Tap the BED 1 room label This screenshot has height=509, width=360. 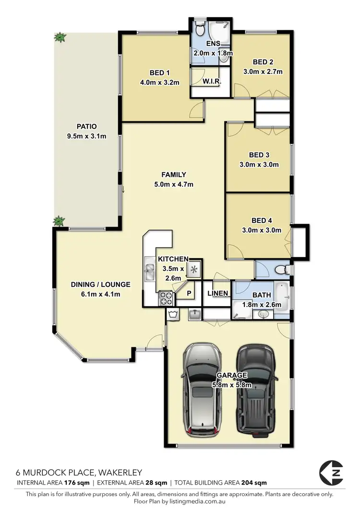point(160,73)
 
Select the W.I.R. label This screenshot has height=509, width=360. point(212,82)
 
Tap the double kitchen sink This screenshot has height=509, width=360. point(149,272)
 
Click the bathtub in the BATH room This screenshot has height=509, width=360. point(284,297)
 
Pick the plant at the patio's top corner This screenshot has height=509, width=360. point(60,37)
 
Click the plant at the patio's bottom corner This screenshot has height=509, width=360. point(59,221)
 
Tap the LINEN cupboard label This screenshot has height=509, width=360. point(217,294)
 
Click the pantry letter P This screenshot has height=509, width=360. point(189,293)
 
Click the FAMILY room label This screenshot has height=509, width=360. point(173,175)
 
